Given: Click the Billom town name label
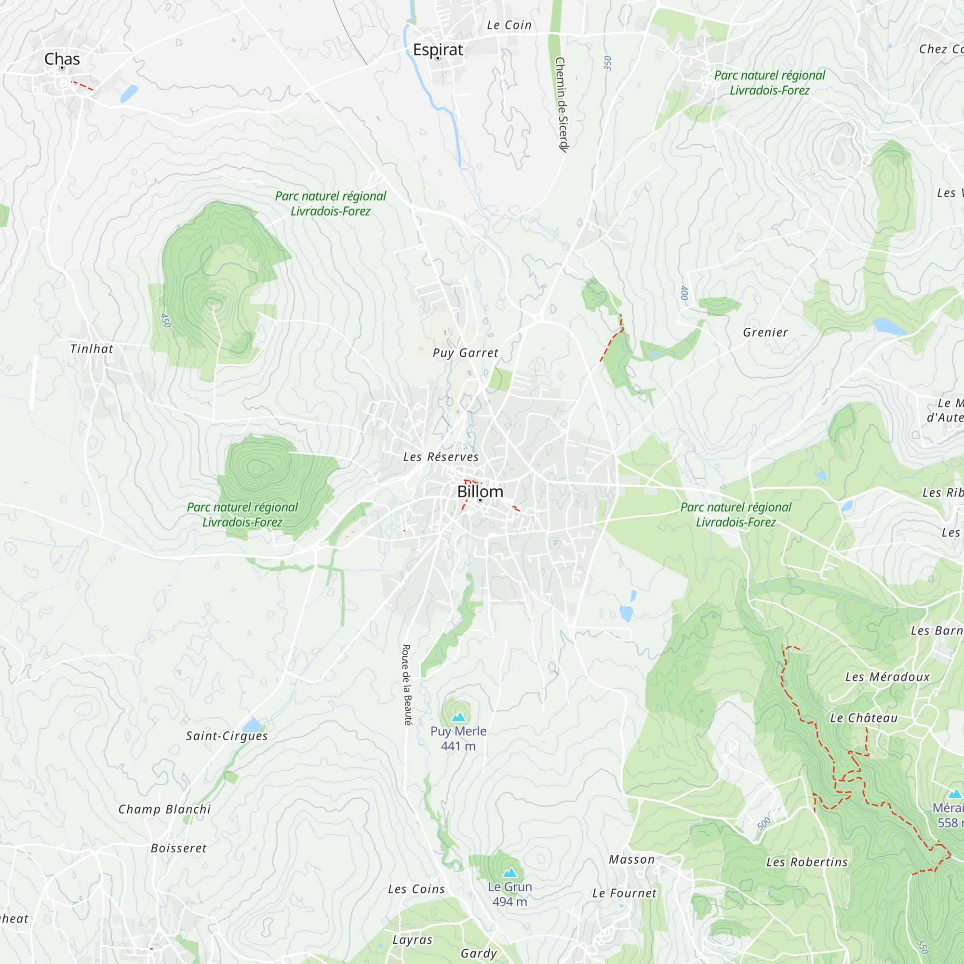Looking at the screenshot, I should click(480, 492).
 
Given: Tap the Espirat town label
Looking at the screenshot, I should click(438, 50).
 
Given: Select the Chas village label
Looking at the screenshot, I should click(62, 59).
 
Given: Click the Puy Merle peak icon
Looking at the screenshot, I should click(458, 718).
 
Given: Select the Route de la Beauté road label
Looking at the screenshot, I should click(407, 684).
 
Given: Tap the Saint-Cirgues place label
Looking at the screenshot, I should click(227, 736).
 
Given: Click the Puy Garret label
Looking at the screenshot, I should click(465, 353).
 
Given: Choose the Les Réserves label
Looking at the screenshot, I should click(441, 457).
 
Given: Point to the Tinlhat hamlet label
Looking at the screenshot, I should click(91, 349).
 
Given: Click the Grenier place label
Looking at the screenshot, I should click(765, 332).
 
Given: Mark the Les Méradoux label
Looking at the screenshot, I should click(887, 677).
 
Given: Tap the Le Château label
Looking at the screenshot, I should click(864, 718).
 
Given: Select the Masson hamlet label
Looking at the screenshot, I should click(631, 859).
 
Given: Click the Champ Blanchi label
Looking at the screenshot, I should click(164, 809).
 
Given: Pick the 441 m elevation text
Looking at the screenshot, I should click(458, 747).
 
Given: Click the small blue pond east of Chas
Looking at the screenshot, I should click(129, 94).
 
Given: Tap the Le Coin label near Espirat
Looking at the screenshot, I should click(509, 25).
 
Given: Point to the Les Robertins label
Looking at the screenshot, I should click(807, 862).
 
